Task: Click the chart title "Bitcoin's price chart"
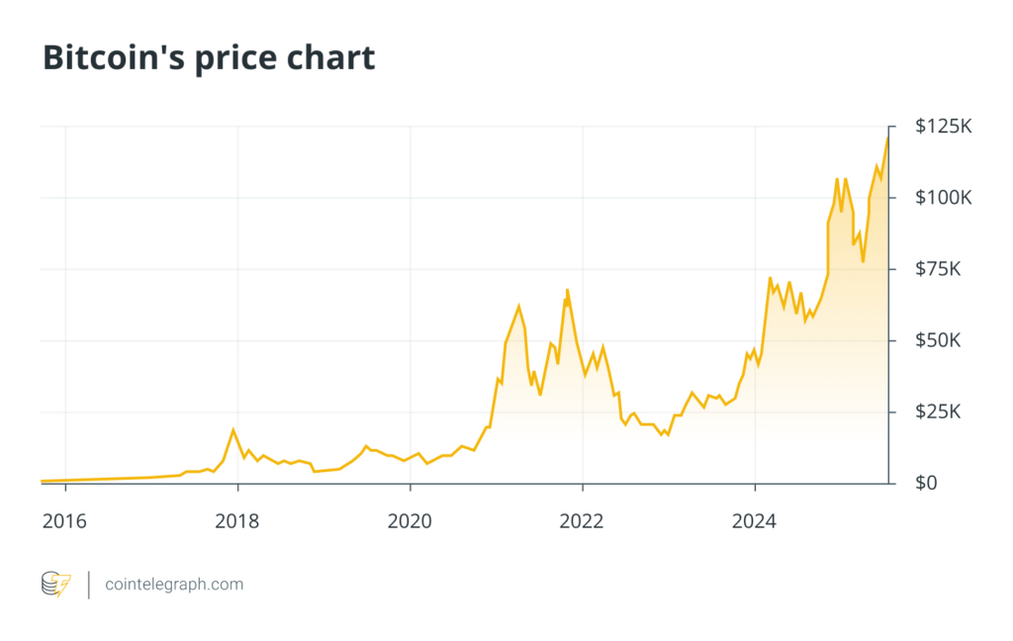point(209,57)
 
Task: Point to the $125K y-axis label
point(945,127)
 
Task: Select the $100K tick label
point(945,198)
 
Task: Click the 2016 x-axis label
point(65,519)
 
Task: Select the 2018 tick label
point(237,519)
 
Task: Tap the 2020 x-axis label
point(410,519)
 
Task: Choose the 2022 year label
point(583,519)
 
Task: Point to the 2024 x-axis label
point(755,519)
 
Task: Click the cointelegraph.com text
point(174,585)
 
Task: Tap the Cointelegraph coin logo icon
point(55,585)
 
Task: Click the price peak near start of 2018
point(233,429)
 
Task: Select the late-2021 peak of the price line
point(567,290)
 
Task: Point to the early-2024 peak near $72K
point(770,278)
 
